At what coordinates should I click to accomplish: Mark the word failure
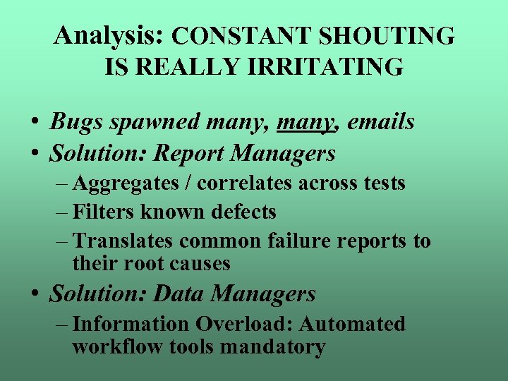coord(301,241)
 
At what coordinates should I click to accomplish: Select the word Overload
coord(243,324)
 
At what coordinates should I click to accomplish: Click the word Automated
coord(352,324)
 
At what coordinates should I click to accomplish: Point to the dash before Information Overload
coord(61,325)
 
